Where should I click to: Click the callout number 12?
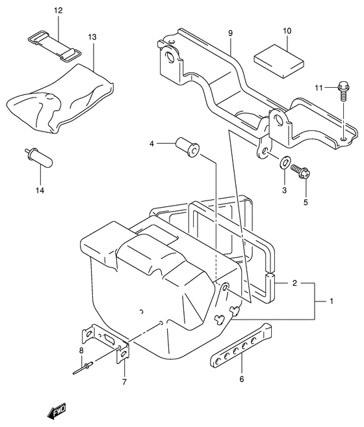pyautogui.click(x=58, y=10)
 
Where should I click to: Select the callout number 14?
pyautogui.click(x=40, y=190)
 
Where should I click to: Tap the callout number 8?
pyautogui.click(x=81, y=351)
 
